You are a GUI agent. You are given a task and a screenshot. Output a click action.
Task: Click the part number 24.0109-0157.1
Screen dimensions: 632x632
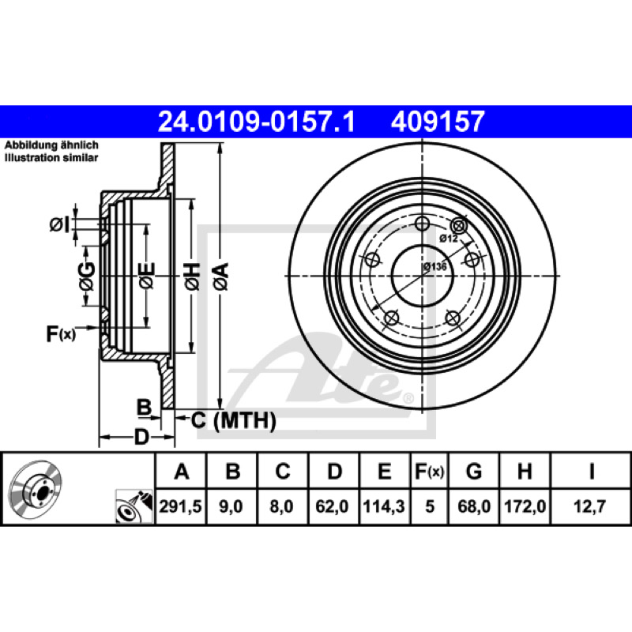click(256, 122)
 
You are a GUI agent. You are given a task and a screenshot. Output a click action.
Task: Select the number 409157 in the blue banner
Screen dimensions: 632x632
click(438, 122)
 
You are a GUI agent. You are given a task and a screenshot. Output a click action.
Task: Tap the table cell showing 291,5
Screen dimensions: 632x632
click(181, 506)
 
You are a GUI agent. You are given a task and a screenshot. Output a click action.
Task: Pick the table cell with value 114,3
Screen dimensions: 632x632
click(384, 506)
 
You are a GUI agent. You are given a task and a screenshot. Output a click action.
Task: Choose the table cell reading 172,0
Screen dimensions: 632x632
click(525, 506)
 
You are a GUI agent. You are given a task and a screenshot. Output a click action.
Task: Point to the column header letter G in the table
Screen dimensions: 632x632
click(474, 471)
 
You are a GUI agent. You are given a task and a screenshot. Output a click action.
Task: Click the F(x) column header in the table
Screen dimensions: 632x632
click(429, 471)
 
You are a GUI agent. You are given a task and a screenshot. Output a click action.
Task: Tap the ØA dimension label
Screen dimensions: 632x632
click(221, 276)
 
